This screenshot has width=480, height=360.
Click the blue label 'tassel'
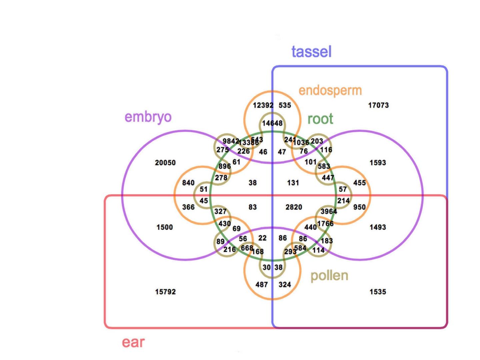[x=311, y=52]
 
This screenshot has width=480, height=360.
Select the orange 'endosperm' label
[x=330, y=90]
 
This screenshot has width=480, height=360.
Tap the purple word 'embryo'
[x=148, y=117]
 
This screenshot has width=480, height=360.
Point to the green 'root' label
[x=320, y=119]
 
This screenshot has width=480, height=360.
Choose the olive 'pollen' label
[x=329, y=276]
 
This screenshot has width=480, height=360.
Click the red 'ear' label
[x=133, y=342]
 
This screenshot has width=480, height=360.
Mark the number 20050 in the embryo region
[x=165, y=163]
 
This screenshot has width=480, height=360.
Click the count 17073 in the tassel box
[x=378, y=105]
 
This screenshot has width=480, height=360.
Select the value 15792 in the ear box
[x=165, y=292]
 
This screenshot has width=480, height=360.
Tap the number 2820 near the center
[x=294, y=207]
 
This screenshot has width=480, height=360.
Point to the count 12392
[x=263, y=105]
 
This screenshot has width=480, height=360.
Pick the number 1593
[x=378, y=163]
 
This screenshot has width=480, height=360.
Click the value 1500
[x=165, y=227]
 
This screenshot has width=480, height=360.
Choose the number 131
[x=293, y=183]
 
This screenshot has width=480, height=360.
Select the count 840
[x=188, y=183]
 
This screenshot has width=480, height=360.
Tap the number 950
[x=359, y=207]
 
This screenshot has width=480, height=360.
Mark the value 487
[x=262, y=285]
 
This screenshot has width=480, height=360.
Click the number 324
[x=285, y=285]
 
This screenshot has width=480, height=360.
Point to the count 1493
[x=378, y=227]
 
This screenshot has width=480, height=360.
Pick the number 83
[x=253, y=207]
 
